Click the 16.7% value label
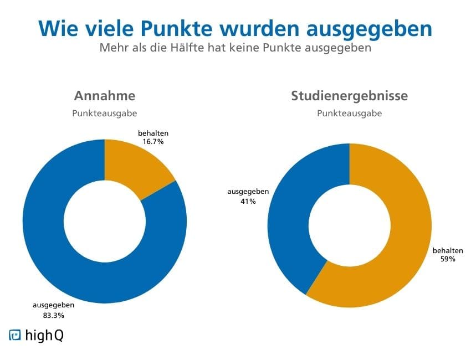pos(153,142)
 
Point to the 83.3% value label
pos(53,316)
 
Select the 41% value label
pos(248,202)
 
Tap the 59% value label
pos(447,259)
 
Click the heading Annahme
pos(105,96)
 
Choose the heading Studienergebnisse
pos(350,96)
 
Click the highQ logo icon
pos(15,335)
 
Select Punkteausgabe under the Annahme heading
pos(104,114)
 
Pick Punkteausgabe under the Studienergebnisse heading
pos(349,114)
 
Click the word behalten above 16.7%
pos(153,133)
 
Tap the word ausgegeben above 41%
pos(248,192)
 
